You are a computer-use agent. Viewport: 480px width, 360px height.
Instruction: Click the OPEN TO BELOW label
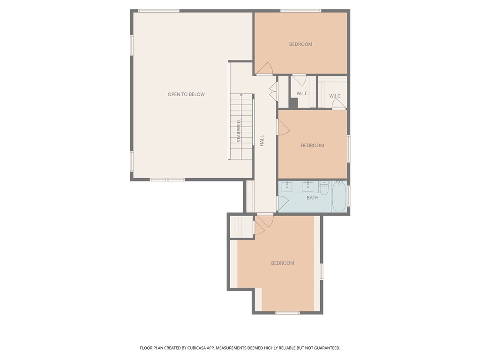(186, 94)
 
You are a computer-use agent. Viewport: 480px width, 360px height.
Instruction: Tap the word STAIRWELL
(239, 130)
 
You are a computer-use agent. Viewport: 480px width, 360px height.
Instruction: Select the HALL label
(262, 140)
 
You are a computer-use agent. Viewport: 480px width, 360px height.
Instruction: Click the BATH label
(312, 198)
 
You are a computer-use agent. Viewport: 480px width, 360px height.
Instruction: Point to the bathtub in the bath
(339, 197)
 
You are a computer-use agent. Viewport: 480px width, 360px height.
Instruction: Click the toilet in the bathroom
(324, 188)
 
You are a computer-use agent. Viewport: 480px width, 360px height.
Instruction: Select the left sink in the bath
(287, 187)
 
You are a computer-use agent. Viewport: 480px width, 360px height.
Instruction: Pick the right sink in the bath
(308, 187)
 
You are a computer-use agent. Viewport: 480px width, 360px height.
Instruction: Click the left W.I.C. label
(302, 93)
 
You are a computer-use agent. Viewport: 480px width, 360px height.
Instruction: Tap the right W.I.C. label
(335, 96)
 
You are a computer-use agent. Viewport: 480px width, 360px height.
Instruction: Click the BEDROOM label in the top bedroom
(300, 44)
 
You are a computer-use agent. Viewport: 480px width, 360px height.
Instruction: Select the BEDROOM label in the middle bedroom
(312, 145)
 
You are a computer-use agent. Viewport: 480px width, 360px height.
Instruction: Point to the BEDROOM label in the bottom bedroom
(283, 263)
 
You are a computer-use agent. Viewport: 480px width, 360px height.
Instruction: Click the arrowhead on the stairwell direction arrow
(241, 95)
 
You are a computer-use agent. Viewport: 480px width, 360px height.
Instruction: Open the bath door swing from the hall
(282, 203)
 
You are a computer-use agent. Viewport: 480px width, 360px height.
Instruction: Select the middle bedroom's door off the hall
(283, 127)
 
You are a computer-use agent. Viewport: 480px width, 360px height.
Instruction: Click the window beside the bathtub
(348, 196)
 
